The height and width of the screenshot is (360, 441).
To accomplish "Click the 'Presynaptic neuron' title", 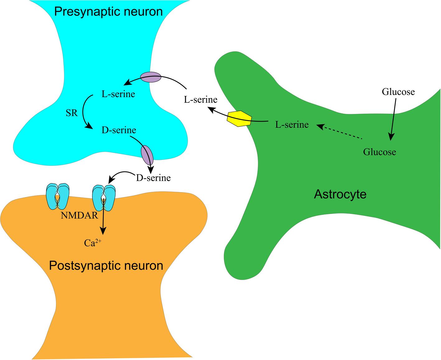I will (108, 12).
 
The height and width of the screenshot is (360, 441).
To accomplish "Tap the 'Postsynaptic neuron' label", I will (106, 266).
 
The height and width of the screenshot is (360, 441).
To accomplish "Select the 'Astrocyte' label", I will (340, 194).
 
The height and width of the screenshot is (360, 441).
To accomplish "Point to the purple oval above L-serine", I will (151, 77).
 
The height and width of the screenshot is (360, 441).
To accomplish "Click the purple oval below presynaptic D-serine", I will (147, 155).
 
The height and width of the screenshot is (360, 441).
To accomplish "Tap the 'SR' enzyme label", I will (72, 113).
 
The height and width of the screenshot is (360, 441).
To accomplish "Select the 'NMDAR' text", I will (80, 215).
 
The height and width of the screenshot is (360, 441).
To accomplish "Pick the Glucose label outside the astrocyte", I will (398, 92).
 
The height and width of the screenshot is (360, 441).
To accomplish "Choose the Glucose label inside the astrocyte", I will (379, 152).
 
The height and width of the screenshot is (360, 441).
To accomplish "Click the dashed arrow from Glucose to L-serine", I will (340, 132).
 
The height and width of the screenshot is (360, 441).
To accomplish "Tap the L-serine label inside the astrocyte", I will (292, 125).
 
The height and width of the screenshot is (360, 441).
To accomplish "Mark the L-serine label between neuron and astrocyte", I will (200, 100).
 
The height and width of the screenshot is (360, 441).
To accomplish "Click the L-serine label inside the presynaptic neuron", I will (118, 94).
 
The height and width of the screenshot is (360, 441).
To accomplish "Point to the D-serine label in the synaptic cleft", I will (153, 178).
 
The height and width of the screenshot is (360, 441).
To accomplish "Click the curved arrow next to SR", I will (85, 112).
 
